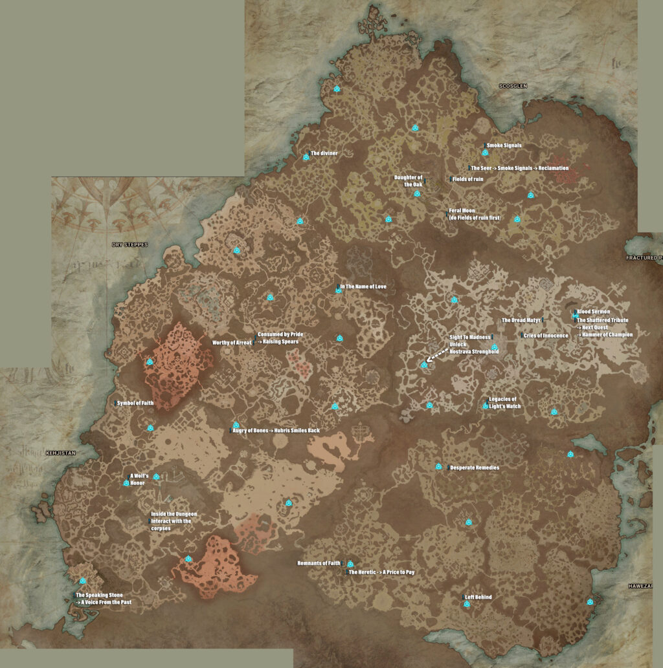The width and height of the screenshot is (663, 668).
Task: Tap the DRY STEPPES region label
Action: coord(129,245)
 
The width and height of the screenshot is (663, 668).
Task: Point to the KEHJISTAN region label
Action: coord(61,435)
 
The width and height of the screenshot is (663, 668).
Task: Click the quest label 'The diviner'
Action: coord(324,153)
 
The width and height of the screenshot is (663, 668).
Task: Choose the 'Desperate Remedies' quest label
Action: coord(474,468)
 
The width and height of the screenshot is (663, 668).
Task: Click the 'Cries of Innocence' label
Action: coord(545,336)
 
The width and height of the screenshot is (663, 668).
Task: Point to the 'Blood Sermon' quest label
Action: coord(593,312)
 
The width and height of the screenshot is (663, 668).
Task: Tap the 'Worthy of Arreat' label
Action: coord(232,342)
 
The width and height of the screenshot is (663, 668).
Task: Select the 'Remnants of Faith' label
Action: coord(319,563)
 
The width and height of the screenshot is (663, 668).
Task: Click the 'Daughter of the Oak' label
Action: coord(409,180)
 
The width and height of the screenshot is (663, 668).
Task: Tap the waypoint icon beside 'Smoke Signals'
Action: coord(485,153)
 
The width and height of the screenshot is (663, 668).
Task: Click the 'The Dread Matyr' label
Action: coord(521,320)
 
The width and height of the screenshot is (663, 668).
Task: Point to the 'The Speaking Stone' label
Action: coord(99,594)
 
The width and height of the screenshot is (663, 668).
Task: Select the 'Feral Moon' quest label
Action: coord(462,211)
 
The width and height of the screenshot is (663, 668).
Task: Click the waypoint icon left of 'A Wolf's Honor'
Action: coord(126,483)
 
